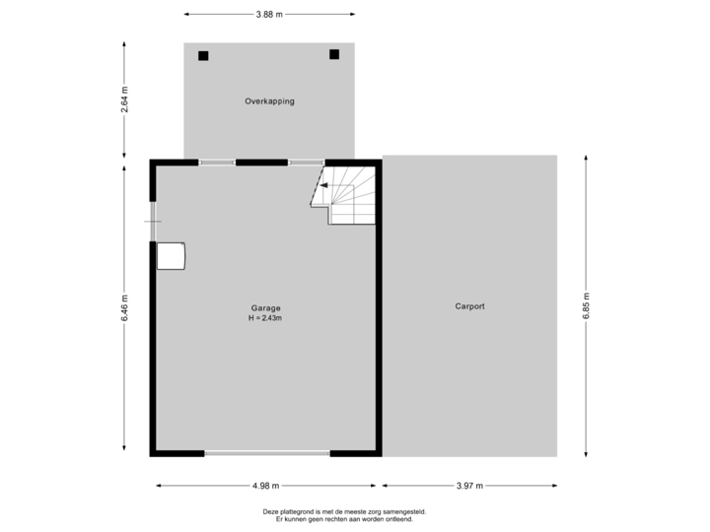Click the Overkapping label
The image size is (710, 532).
click(269, 101)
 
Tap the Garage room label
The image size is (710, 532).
click(266, 308)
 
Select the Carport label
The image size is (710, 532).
click(469, 306)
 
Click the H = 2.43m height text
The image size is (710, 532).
click(266, 318)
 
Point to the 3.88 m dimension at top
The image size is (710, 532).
click(268, 15)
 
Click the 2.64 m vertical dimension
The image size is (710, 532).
click(124, 100)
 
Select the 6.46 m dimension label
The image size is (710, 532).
click(124, 308)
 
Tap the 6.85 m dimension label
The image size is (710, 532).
click(587, 306)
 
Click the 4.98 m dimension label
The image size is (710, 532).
click(266, 485)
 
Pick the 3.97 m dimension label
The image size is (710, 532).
click(469, 485)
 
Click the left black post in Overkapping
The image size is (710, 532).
click(203, 56)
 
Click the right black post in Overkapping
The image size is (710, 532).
click(334, 54)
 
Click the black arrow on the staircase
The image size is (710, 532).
click(323, 184)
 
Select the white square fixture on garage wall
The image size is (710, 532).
click(172, 255)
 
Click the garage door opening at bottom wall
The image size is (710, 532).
click(267, 454)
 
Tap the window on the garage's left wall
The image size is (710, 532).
click(153, 221)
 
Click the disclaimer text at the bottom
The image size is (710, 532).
click(343, 515)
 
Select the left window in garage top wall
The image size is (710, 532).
click(217, 163)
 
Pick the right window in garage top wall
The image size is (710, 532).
click(306, 163)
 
